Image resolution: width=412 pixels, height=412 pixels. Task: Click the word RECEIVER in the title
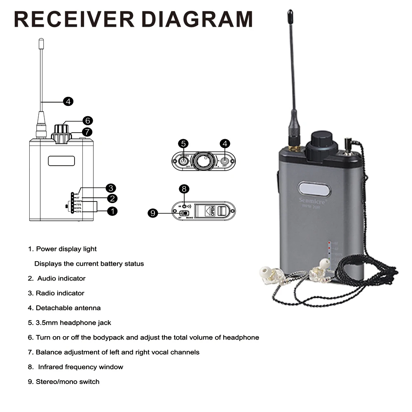coord(74,19)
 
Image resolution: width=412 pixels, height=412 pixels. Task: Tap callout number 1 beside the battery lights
coord(112,211)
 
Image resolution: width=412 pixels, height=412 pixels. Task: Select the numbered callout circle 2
coord(112,199)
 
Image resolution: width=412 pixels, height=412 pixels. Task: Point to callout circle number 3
coord(110,188)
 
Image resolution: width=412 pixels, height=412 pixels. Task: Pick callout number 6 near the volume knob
coord(87,121)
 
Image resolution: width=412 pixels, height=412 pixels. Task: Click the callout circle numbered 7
coord(87,132)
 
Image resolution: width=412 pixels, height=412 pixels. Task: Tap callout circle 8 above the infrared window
coord(184,189)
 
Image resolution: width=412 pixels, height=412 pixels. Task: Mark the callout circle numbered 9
coord(153,213)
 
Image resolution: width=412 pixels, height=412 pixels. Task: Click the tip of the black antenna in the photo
coord(290,13)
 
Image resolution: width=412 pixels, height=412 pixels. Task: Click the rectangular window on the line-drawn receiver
coord(61,161)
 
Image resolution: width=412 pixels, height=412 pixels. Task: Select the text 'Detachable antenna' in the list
coord(68,308)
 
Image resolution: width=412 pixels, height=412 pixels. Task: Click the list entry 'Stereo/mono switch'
coord(68,382)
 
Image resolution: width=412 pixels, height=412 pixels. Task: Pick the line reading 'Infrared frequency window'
coord(80,367)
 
